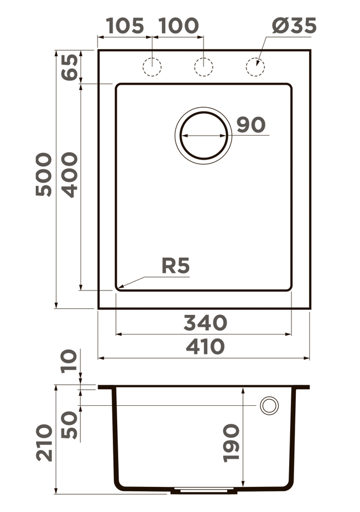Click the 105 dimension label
(x=124, y=26)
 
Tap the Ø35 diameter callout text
(x=294, y=26)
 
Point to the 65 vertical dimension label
(x=69, y=66)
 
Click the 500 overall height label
(x=44, y=174)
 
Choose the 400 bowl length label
(x=70, y=175)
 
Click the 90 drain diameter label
(x=251, y=125)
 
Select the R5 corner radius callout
(x=175, y=266)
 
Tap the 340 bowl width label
(x=205, y=323)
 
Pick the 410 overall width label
(x=205, y=347)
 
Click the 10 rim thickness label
(x=70, y=361)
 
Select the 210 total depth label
(x=44, y=442)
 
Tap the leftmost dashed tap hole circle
(x=152, y=66)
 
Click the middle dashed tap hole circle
(x=203, y=66)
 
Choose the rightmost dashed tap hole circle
(x=255, y=66)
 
